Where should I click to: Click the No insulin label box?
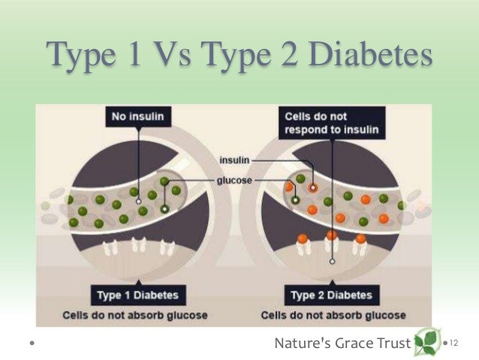[137, 117]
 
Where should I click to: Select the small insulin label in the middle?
[233, 160]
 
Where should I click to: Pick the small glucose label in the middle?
[235, 180]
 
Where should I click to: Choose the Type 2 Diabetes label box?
[330, 295]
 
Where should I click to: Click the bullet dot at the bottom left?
[32, 344]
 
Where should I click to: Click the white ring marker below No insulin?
[138, 201]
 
